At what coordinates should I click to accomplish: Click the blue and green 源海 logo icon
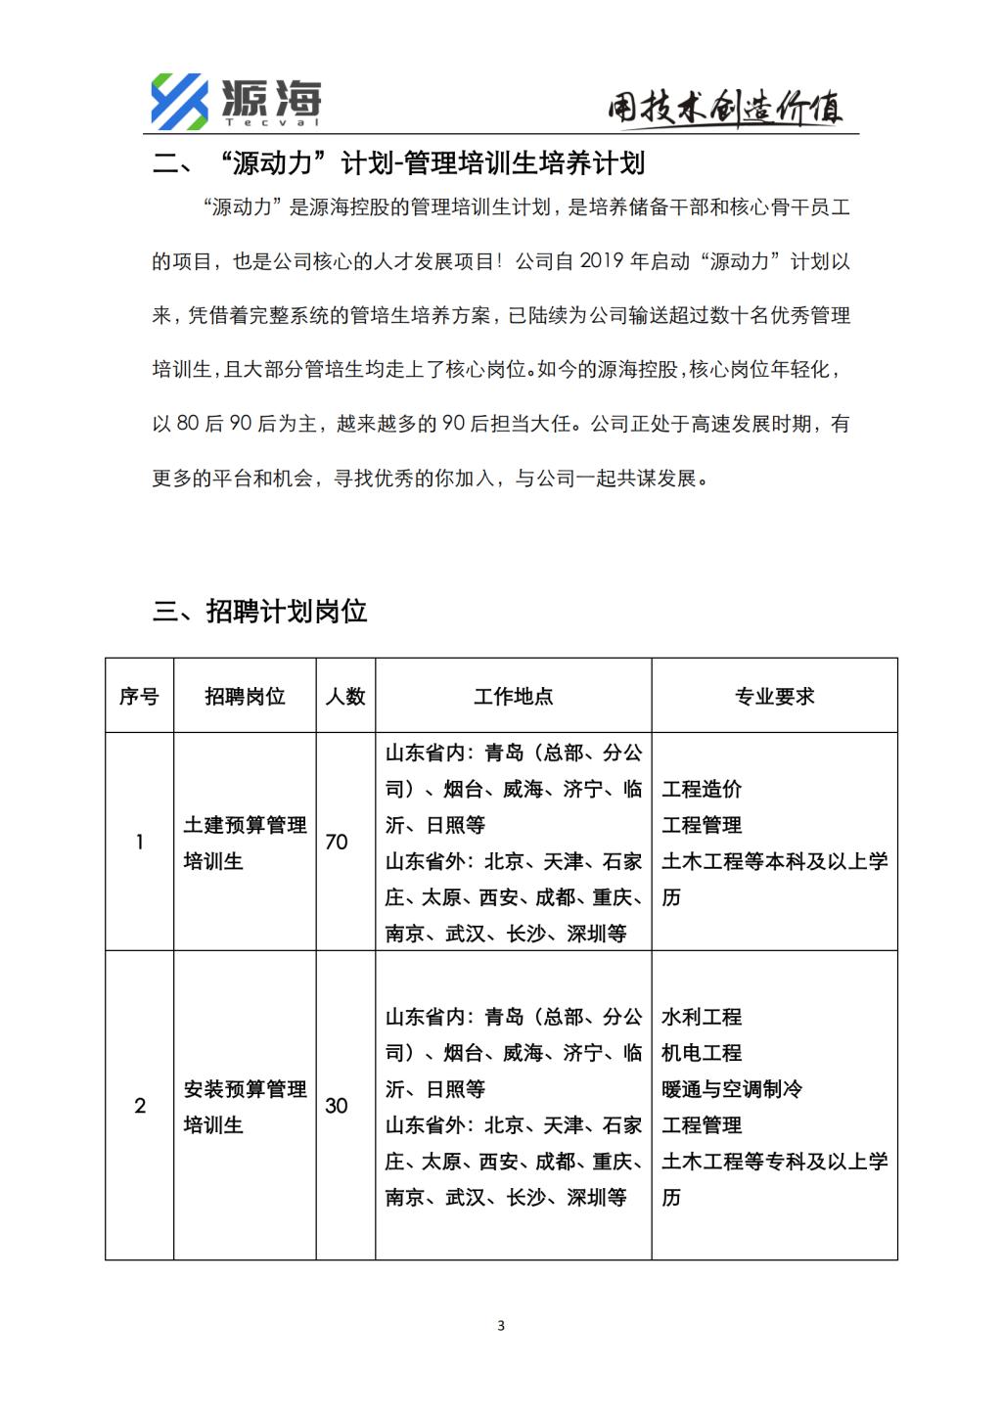(x=179, y=101)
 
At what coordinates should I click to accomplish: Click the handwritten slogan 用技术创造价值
(x=725, y=109)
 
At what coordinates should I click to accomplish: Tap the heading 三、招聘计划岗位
(x=260, y=612)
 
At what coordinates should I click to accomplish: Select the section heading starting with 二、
(x=398, y=162)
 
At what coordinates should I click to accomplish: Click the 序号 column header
(x=139, y=696)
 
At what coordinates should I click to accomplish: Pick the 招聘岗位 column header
(x=245, y=696)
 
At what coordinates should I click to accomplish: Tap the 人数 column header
(x=345, y=696)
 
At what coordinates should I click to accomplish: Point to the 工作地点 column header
(x=514, y=696)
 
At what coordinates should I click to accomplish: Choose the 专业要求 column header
(x=774, y=696)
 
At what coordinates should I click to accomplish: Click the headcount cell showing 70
(x=337, y=843)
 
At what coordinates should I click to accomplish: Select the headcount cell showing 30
(x=337, y=1106)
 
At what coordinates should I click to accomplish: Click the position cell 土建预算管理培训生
(x=245, y=843)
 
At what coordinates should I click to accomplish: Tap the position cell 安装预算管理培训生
(x=245, y=1107)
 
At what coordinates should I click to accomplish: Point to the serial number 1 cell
(x=139, y=843)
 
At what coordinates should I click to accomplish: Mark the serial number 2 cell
(x=139, y=1106)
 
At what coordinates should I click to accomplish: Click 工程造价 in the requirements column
(x=702, y=789)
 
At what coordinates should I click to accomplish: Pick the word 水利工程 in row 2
(x=702, y=1017)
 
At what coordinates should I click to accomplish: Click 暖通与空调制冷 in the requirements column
(x=732, y=1089)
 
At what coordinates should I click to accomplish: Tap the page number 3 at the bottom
(x=501, y=1326)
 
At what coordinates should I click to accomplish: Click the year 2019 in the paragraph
(x=603, y=261)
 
